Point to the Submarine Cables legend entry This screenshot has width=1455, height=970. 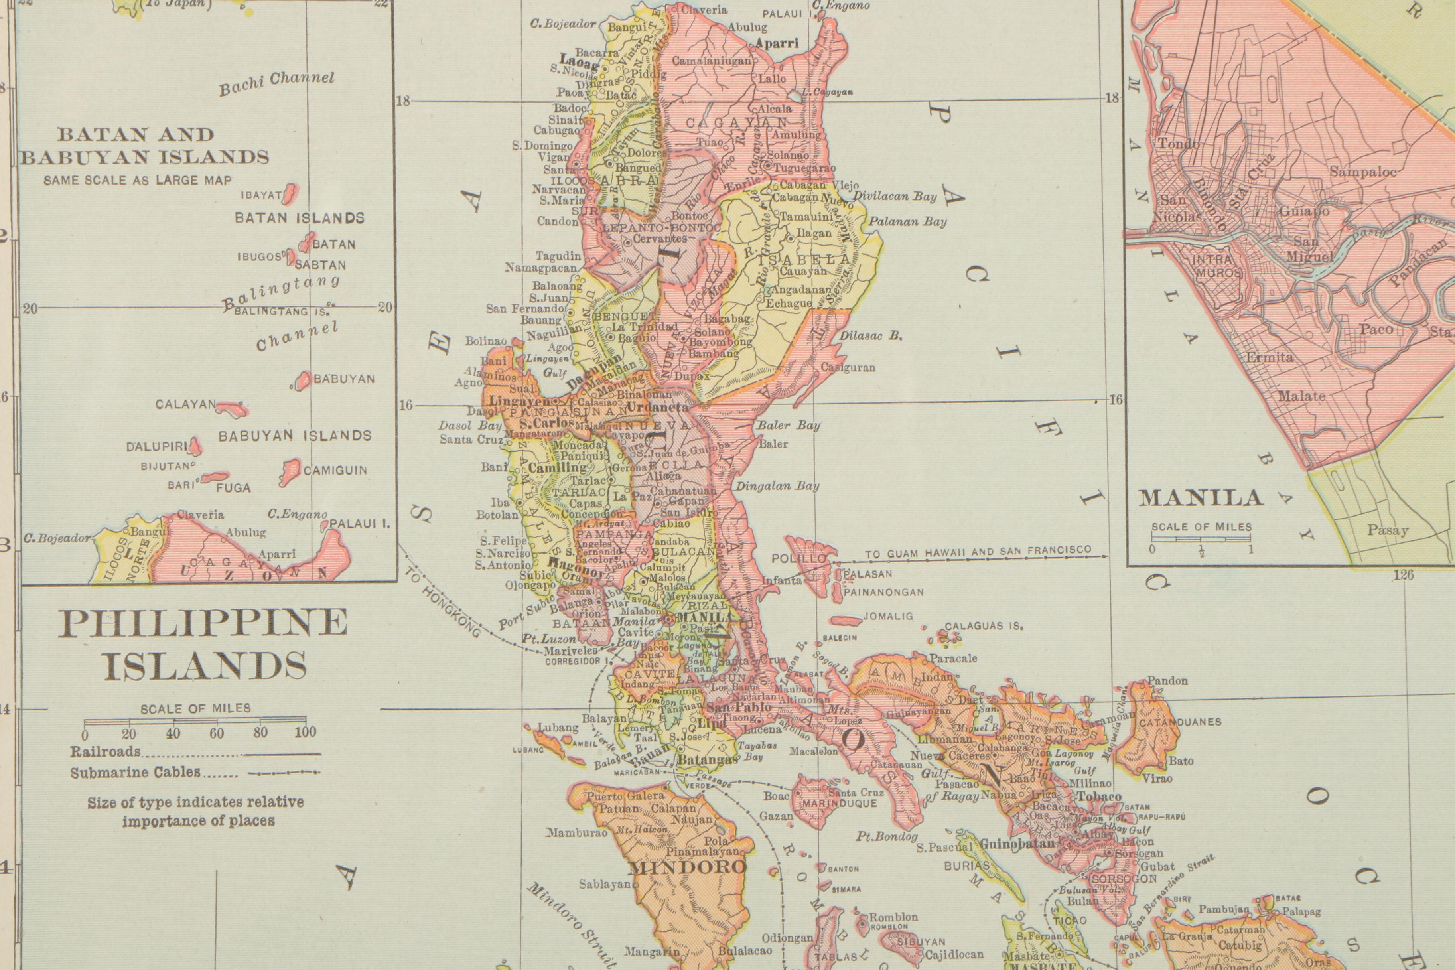(135, 772)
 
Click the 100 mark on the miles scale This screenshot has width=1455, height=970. (305, 732)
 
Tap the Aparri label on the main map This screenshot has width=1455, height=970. (777, 44)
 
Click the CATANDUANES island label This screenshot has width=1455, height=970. (1180, 721)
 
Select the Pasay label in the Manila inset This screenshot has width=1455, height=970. (1388, 530)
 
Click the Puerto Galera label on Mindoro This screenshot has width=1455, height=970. (625, 796)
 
